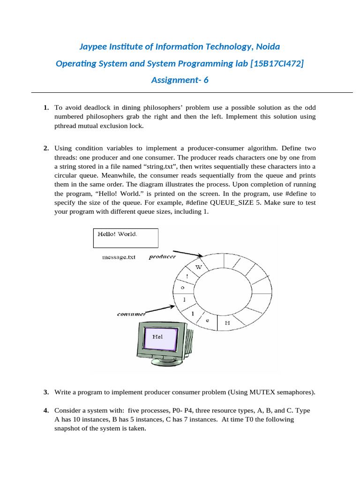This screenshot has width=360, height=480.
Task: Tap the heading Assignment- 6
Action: (x=180, y=80)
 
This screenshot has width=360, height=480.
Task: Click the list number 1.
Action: (x=46, y=108)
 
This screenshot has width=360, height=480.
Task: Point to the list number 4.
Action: (x=46, y=411)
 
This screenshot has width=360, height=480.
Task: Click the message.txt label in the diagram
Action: (x=119, y=257)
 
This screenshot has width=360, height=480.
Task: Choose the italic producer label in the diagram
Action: (x=163, y=256)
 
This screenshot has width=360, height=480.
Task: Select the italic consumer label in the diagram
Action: (x=131, y=314)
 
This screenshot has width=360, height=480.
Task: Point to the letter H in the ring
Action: (x=227, y=323)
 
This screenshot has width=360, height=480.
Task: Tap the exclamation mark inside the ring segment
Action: (x=187, y=277)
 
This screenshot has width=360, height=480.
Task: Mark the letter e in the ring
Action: (x=208, y=320)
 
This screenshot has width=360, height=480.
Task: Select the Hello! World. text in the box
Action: (x=117, y=234)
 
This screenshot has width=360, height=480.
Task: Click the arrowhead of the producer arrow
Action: (x=201, y=255)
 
